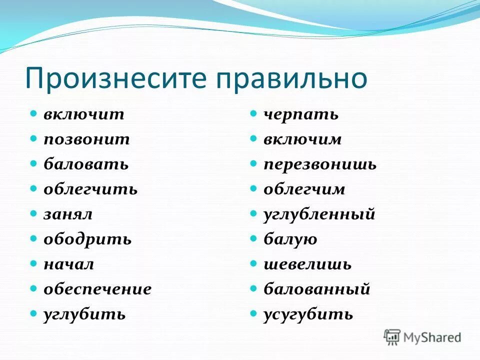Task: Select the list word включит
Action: pos(83,114)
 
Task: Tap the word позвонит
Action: pos(86,139)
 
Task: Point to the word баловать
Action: pos(85,164)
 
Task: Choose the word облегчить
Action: pos(90,189)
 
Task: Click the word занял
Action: pos(68,214)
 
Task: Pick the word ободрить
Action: pos(87,239)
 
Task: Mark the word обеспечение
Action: pos(97,289)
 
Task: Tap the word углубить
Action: pos(84,314)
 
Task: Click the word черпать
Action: pos(301,114)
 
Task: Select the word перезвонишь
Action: pos(320,164)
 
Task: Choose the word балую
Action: pos(290,239)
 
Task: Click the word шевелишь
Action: pos(307,264)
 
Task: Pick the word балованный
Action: pos(317,289)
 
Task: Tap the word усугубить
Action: pos(308,314)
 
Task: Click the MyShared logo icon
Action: pos(392,337)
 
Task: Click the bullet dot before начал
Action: pos(33,263)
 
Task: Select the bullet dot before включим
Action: pos(254,138)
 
